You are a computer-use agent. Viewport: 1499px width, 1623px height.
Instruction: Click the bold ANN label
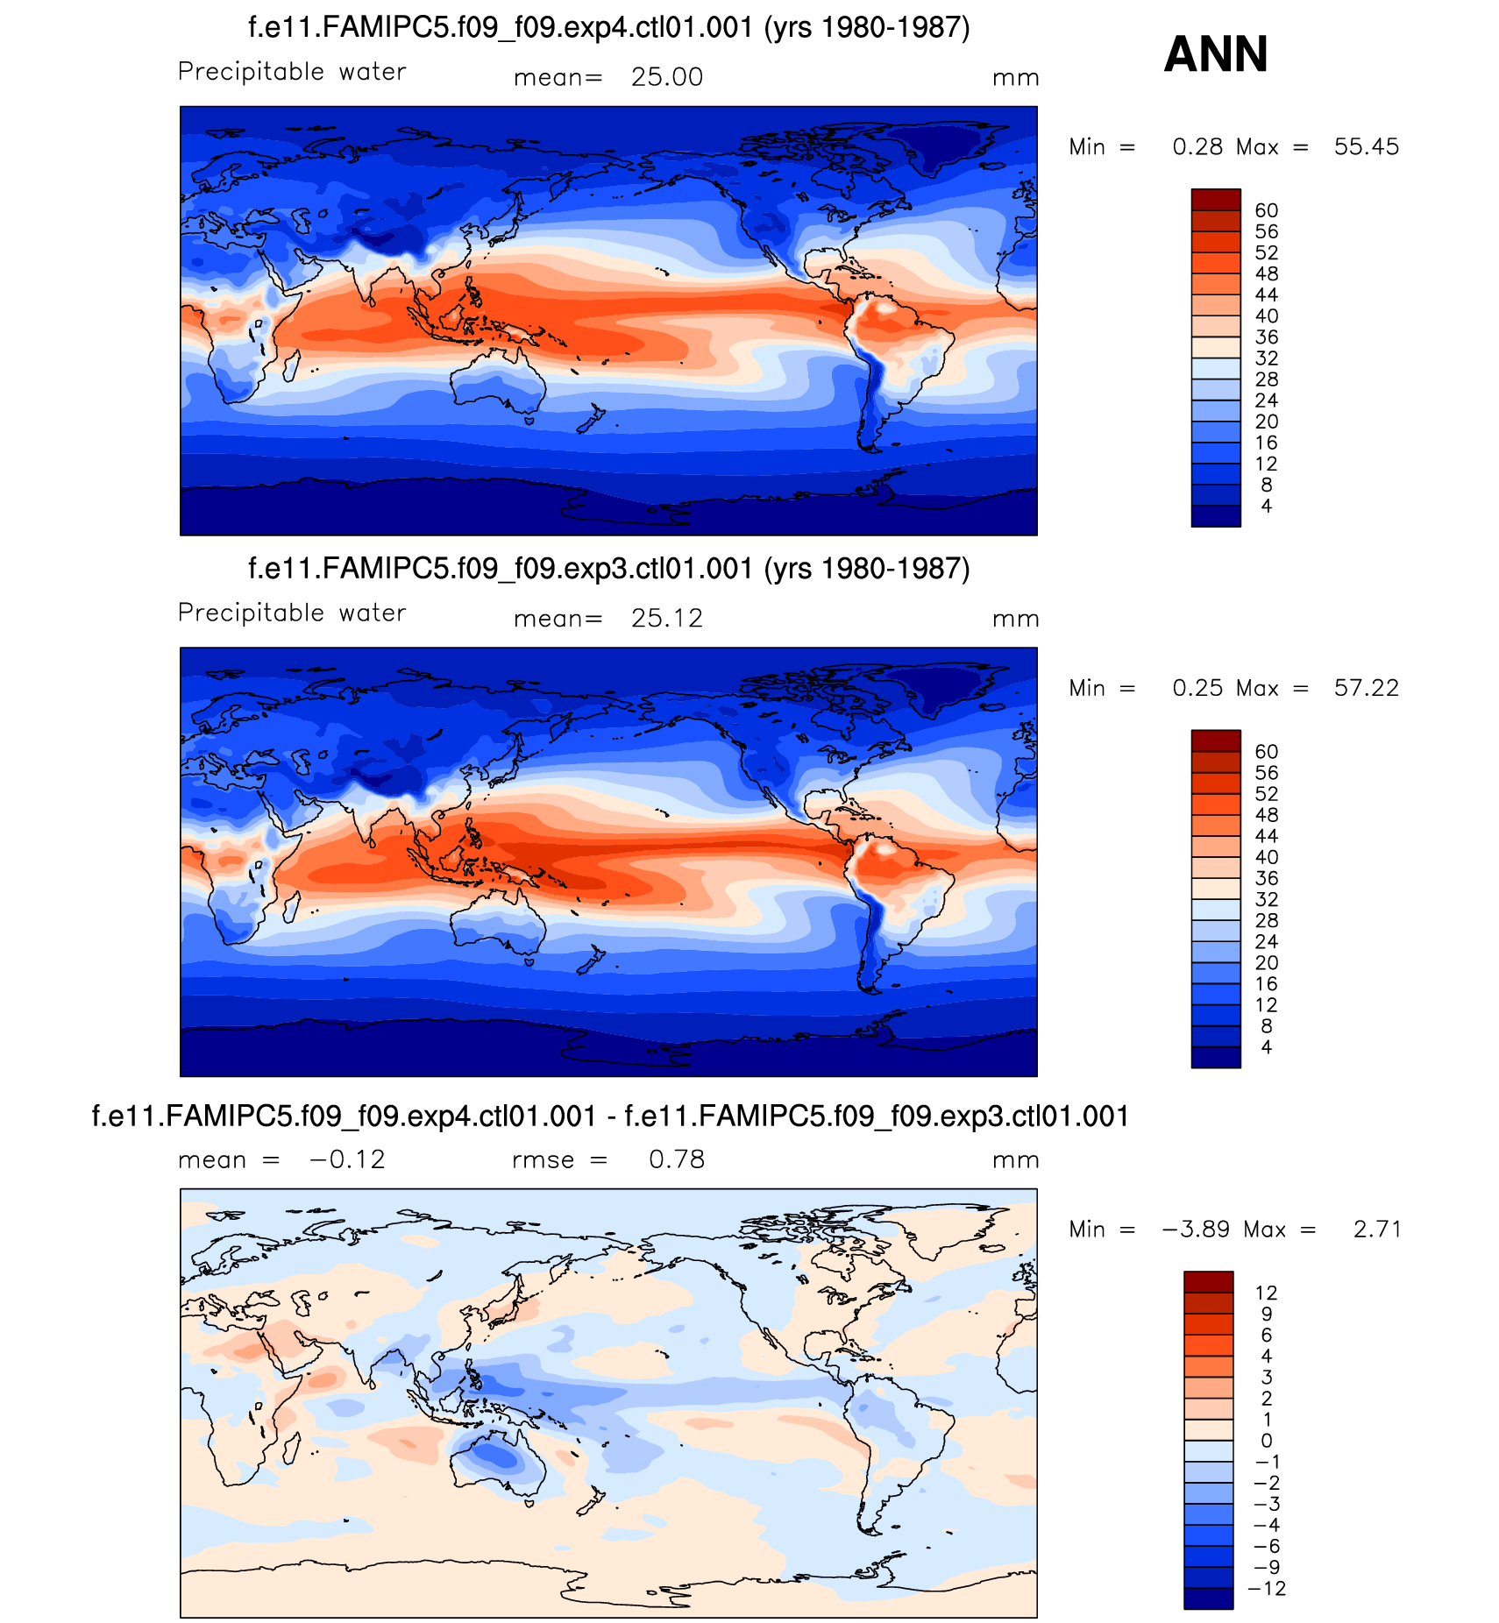[x=1215, y=54]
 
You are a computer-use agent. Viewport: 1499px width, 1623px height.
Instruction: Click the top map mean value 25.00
[x=666, y=77]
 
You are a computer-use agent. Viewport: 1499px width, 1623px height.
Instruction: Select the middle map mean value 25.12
[x=666, y=619]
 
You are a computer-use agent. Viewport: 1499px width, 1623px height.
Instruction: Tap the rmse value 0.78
[x=676, y=1159]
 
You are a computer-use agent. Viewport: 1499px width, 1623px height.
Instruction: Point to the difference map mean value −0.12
[x=347, y=1159]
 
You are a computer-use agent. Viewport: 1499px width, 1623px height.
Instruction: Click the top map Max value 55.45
[x=1366, y=147]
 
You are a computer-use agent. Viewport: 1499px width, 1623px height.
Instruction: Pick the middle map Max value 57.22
[x=1366, y=688]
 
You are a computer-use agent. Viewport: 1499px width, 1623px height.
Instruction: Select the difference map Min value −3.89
[x=1193, y=1230]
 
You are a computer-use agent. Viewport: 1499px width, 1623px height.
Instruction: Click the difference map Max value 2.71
[x=1376, y=1230]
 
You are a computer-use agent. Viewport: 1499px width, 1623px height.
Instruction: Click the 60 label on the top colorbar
[x=1266, y=210]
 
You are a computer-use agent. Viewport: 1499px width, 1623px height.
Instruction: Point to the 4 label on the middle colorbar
[x=1266, y=1047]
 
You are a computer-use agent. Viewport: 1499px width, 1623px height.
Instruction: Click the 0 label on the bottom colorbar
[x=1266, y=1441]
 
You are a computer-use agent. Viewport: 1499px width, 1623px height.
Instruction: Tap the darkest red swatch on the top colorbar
[x=1215, y=199]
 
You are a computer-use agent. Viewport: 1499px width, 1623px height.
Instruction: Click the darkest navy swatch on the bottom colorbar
[x=1208, y=1598]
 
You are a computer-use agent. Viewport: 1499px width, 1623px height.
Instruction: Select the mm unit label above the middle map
[x=1015, y=619]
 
